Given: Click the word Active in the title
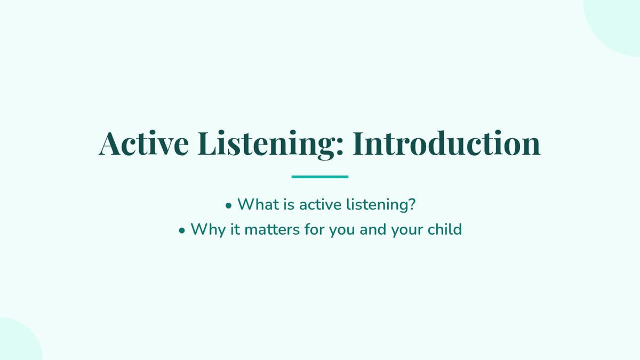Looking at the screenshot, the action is click(143, 143).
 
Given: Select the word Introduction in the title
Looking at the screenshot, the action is click(446, 143).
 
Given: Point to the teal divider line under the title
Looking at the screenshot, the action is click(319, 177).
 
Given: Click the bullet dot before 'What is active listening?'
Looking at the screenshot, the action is click(228, 205).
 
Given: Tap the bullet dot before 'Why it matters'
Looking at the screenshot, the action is click(182, 230).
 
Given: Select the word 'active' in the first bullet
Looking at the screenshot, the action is click(321, 205).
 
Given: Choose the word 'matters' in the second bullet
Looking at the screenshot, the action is click(272, 230).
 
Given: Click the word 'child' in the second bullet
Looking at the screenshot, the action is click(445, 229).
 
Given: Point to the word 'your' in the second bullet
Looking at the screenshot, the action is click(407, 231).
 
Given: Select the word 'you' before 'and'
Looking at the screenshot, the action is click(342, 231).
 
